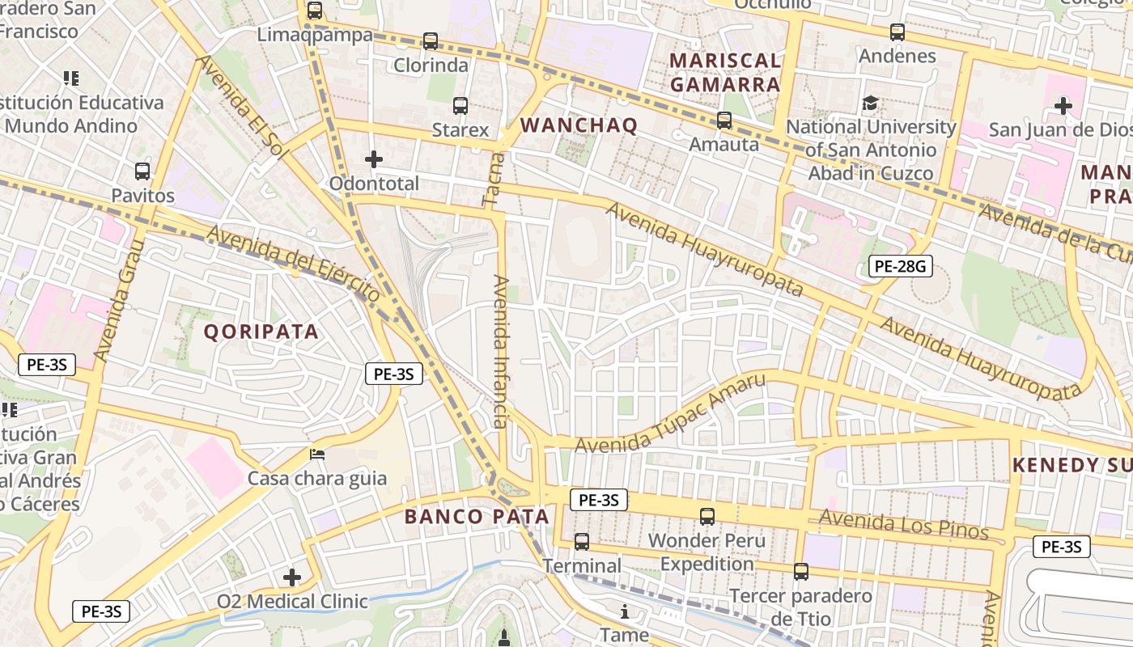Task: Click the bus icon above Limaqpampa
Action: point(315,11)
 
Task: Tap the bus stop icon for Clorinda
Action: point(431,40)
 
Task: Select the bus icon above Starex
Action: point(460,105)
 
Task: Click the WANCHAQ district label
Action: point(579,125)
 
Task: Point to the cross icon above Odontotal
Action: point(374,159)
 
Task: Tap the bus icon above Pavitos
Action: point(142,171)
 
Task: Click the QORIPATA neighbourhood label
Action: point(261,332)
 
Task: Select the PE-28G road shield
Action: point(901,265)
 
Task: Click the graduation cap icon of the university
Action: point(870,103)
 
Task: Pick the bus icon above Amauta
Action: point(724,121)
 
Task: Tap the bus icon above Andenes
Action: point(897,32)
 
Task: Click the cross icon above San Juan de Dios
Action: point(1063,105)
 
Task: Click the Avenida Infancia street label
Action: point(501,352)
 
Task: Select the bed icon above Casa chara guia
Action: point(317,455)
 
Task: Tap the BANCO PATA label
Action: point(477,517)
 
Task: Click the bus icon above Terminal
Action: point(582,542)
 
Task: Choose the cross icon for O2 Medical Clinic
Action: point(292,577)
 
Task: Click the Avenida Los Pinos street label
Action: point(903,526)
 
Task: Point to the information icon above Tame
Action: point(625,611)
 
